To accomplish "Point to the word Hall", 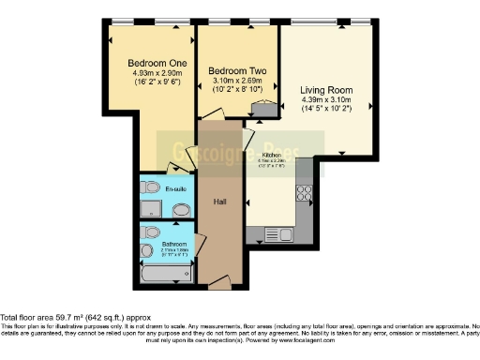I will (x=220, y=202).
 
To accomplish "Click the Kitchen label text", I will (x=272, y=155).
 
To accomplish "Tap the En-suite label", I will (x=175, y=189).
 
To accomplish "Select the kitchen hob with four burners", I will (x=304, y=193).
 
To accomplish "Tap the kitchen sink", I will (x=273, y=233).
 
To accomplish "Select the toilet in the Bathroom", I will (x=146, y=251).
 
